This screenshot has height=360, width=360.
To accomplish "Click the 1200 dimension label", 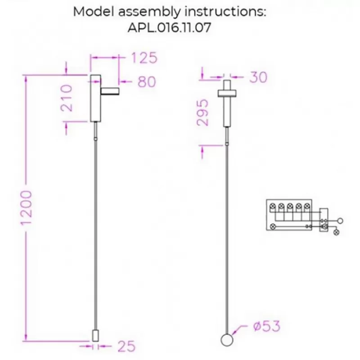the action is click(26, 207).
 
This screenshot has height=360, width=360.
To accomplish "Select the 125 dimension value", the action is click(144, 58).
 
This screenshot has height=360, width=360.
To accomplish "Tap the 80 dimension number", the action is click(147, 81).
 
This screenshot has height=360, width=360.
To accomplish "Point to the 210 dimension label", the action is click(67, 98).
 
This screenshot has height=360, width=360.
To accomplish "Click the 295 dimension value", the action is click(203, 112).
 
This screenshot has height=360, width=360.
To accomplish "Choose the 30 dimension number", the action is click(258, 77).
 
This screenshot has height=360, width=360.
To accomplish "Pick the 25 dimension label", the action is click(126, 346).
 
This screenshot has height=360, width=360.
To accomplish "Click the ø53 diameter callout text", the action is click(267, 326).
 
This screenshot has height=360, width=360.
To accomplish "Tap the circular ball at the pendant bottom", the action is click(227, 340).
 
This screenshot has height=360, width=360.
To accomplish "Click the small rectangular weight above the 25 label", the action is click(95, 336).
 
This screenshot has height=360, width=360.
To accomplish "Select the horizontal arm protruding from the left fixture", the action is click(110, 91).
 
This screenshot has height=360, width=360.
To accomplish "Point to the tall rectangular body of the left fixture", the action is click(95, 98).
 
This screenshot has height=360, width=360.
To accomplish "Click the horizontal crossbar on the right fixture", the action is click(227, 93).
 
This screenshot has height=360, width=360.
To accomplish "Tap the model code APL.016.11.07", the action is click(169, 28).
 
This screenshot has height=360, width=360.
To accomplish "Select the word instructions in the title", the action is click(225, 12).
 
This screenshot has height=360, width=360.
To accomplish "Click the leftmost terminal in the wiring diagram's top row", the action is click(273, 206).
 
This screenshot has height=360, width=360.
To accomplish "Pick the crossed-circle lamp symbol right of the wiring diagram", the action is click(336, 232).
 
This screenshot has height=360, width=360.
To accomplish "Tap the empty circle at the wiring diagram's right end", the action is click(340, 221).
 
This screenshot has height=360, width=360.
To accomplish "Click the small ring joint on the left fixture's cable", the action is click(96, 139).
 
